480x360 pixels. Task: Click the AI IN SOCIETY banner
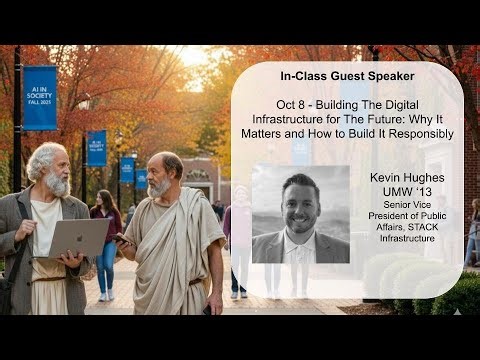pos(39,98)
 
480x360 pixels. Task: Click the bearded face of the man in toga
pos(160,178)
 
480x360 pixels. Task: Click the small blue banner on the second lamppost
pos(96,147)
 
